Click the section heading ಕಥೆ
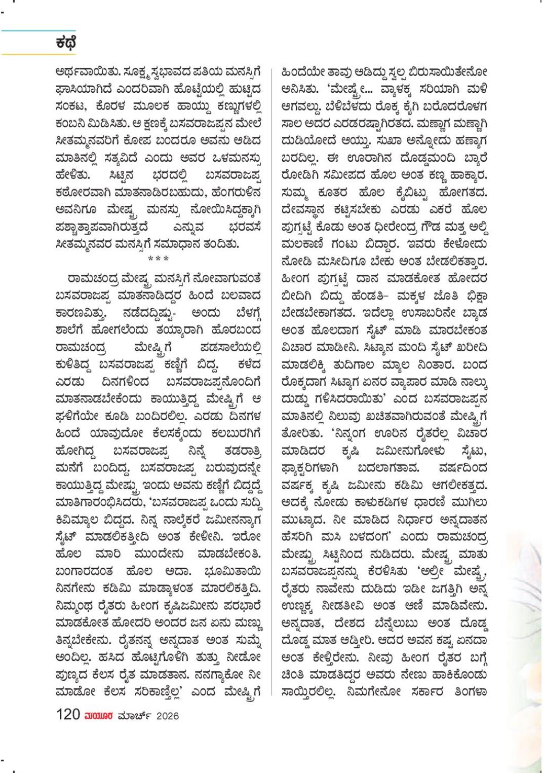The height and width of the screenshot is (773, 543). pos(66,42)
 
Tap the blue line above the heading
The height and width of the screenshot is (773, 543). pos(38,31)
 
